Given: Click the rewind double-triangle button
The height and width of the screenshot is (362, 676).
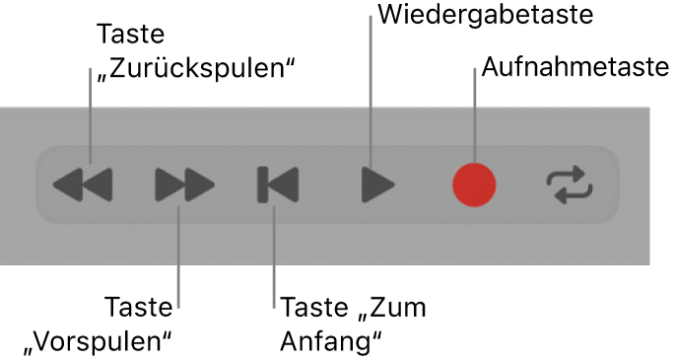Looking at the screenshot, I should tap(83, 183).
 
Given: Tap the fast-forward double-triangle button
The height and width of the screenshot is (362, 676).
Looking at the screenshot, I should tap(184, 183).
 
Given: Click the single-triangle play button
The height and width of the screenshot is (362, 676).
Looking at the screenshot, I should tap(377, 183).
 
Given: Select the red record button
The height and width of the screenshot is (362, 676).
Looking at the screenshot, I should tap(474, 183).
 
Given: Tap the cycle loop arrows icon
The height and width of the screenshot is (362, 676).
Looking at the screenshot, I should tap(571, 183).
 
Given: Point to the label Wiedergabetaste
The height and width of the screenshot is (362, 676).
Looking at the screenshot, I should tap(485, 15).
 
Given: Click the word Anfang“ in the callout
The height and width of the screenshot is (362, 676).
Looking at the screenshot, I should tap(331, 340).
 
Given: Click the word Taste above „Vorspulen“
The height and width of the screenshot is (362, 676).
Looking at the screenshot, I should tap(140, 307).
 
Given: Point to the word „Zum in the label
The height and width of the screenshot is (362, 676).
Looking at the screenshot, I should tap(392, 307).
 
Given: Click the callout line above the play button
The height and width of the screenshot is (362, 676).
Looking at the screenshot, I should tap(371, 89).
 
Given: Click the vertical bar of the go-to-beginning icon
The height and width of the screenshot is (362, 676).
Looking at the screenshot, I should tap(263, 183).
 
